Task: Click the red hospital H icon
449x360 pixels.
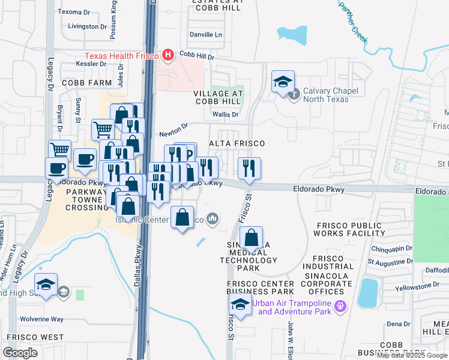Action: (168, 56)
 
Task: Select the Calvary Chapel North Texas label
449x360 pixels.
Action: (334, 95)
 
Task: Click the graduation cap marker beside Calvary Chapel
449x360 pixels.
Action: (283, 83)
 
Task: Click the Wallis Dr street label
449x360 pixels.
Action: (226, 114)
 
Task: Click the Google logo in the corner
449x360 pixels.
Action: (20, 353)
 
